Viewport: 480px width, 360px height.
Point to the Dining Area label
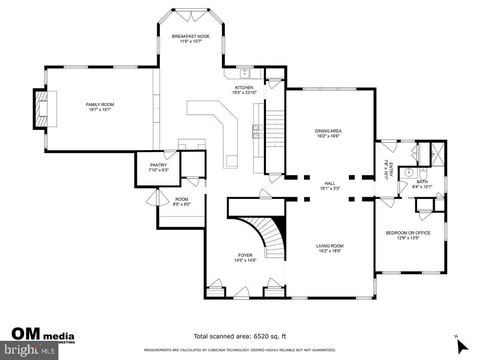[x=329, y=132]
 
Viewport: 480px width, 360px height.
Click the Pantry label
[x=158, y=168]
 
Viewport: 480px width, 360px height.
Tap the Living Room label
[x=329, y=247]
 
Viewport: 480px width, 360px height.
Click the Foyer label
[x=245, y=257]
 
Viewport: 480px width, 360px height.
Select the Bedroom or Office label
[x=407, y=235]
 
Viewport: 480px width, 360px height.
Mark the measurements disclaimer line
[x=240, y=351]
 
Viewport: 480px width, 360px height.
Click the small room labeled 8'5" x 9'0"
[x=181, y=202]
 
